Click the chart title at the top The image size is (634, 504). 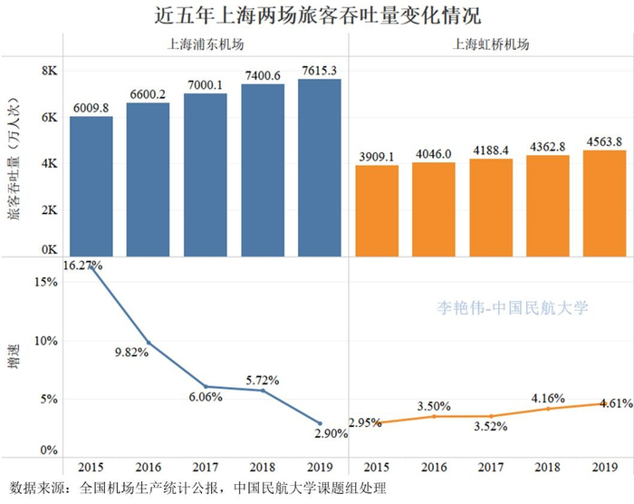pos(317,16)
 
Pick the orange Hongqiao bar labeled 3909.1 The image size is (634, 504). pos(377,210)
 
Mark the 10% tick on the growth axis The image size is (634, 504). pos(44,341)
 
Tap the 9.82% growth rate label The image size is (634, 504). pos(131,353)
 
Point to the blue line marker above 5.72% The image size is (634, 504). pos(262,390)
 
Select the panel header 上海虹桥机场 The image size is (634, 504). pos(490,44)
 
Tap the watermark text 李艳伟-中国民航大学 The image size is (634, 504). pos(514,308)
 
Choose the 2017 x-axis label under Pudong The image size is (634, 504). pos(205,469)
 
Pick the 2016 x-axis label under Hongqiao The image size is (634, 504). pos(433,469)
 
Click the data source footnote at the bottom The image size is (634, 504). pos(199,489)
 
